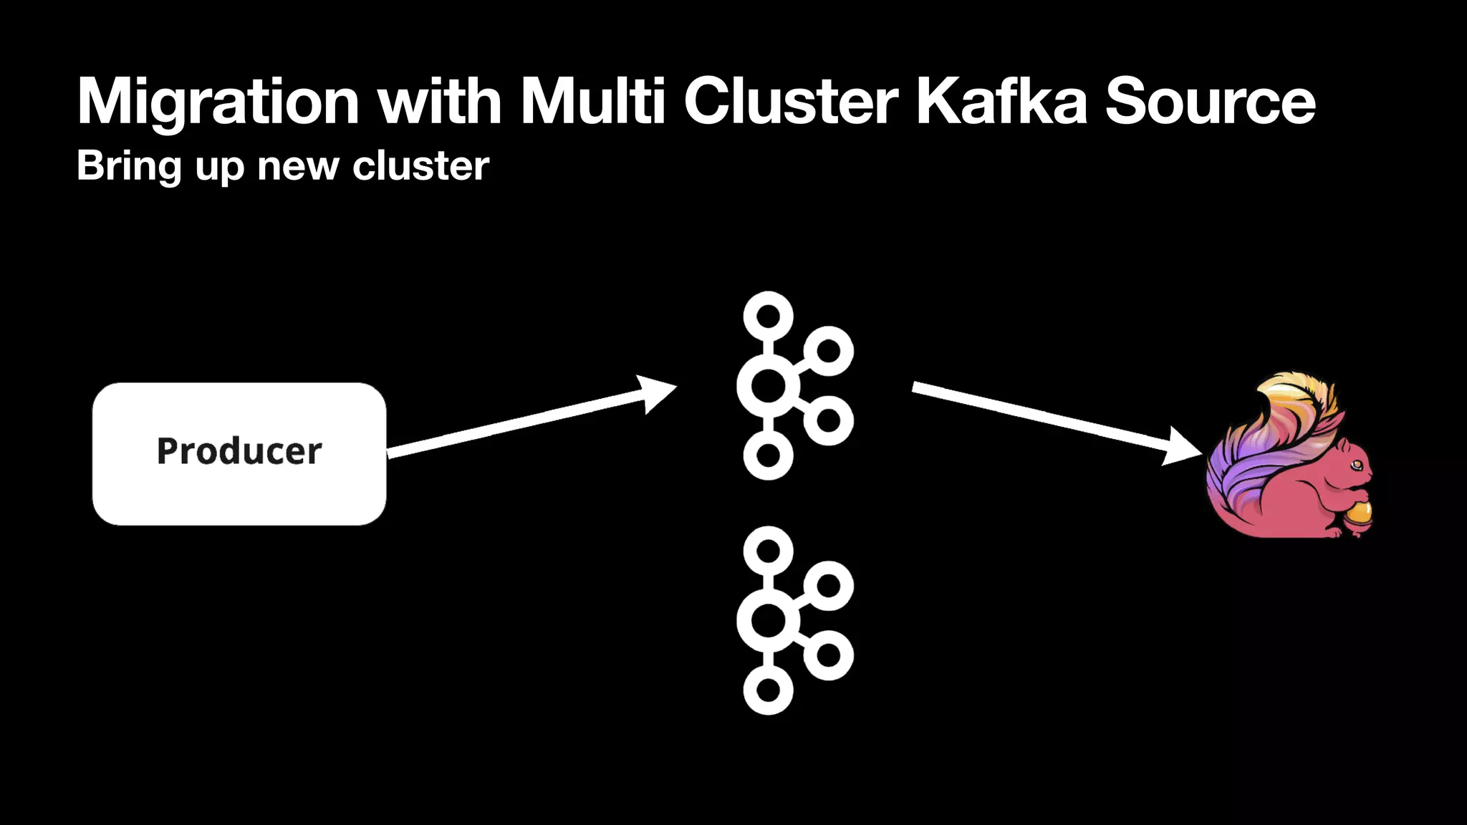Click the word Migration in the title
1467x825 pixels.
(x=218, y=102)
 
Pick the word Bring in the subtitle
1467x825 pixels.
(x=129, y=166)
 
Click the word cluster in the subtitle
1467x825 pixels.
(x=420, y=166)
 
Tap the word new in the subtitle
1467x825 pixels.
(x=297, y=166)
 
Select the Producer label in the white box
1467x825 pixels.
(x=239, y=451)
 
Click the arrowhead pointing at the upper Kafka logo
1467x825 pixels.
(x=658, y=392)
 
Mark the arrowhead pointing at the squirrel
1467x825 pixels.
(x=1182, y=447)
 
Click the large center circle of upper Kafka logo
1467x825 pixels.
(x=768, y=386)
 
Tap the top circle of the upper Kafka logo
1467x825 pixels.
(x=768, y=316)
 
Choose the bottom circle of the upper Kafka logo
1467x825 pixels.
(x=768, y=455)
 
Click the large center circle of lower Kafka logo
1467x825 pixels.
(x=768, y=620)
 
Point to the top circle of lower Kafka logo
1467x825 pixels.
(x=768, y=551)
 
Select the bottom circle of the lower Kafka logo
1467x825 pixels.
(x=768, y=690)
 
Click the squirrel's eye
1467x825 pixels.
(x=1357, y=465)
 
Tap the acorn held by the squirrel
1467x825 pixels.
(x=1358, y=514)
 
